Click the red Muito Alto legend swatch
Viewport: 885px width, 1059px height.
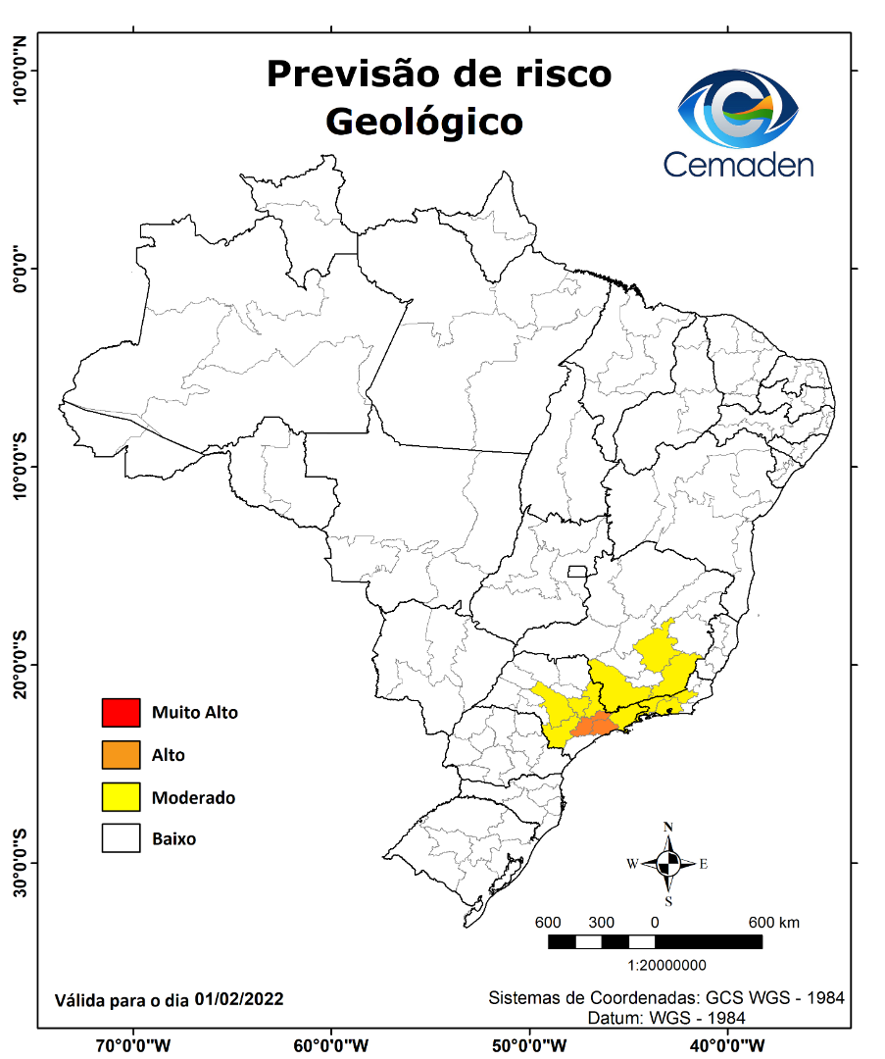pos(122,713)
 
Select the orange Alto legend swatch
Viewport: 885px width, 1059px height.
pos(122,755)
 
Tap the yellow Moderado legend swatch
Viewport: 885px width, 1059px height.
pos(122,797)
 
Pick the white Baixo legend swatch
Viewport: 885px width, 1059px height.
pos(122,838)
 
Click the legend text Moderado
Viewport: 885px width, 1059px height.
pos(193,797)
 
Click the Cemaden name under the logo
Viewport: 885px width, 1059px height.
pos(738,164)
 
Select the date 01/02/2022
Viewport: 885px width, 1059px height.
pos(239,999)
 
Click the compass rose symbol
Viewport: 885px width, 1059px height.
pos(668,864)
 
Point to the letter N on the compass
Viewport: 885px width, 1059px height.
pos(668,827)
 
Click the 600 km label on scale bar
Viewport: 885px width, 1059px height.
pos(774,923)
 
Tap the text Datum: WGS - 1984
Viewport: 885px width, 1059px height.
pos(666,1018)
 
